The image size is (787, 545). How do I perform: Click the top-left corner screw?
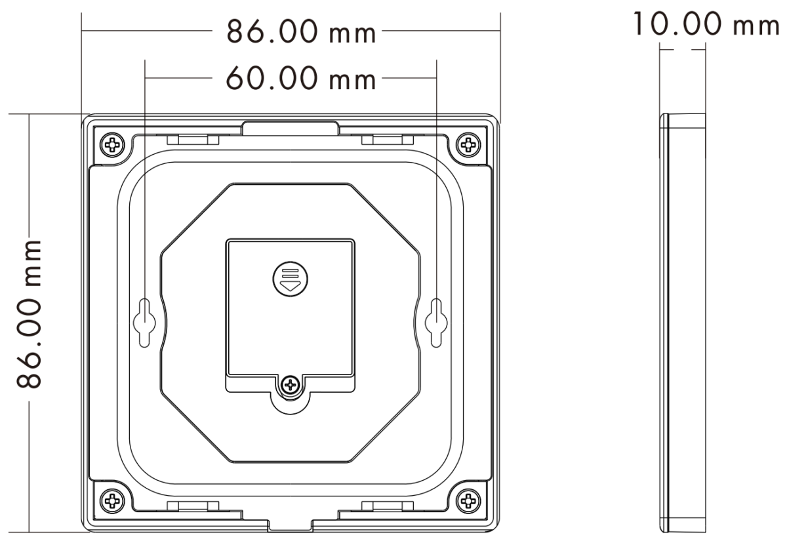112,144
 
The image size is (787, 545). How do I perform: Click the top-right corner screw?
468,144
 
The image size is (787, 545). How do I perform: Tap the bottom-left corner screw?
112,500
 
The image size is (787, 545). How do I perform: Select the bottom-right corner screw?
468,500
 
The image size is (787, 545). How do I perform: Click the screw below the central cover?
290,385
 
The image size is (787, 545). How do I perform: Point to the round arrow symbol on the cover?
290,279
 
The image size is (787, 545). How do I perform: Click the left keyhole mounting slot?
144,323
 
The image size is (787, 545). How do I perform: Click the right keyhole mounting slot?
436,323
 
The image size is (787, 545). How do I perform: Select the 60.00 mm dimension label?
301,79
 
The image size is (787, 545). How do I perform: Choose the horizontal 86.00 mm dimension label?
301,31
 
